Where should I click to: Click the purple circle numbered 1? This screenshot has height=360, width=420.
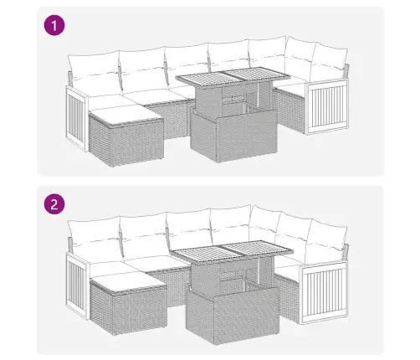(x=54, y=25)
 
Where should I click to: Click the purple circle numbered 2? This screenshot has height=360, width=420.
(x=54, y=204)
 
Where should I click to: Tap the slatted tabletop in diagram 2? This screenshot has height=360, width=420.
(x=232, y=250)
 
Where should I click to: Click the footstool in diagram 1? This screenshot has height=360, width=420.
(x=125, y=136)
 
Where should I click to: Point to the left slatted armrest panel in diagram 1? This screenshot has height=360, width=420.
(x=77, y=119)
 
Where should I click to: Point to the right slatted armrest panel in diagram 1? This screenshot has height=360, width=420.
(x=327, y=106)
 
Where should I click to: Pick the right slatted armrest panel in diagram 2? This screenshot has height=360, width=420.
(x=324, y=293)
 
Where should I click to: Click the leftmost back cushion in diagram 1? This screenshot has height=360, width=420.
(x=95, y=73)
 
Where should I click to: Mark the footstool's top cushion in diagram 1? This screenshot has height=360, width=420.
(x=125, y=115)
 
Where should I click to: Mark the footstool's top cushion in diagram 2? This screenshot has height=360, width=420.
(x=129, y=282)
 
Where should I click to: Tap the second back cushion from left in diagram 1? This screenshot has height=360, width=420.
(x=144, y=69)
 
